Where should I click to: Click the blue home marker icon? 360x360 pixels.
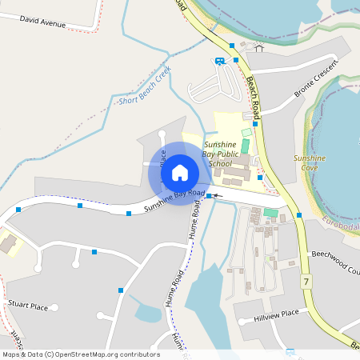pos(179,172)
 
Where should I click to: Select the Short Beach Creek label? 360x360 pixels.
pos(145,86)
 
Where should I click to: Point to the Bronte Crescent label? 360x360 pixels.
pos(313,82)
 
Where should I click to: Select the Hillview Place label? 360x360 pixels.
pos(278,313)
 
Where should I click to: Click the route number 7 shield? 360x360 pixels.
pos(306,282)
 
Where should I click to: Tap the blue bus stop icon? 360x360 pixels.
pos(219,61)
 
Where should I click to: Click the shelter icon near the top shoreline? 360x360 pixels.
pos(258,47)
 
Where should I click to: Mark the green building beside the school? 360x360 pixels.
pos(246,146)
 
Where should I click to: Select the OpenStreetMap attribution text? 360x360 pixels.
pos(81,354)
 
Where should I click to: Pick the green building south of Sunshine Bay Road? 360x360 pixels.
pos(271,213)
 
